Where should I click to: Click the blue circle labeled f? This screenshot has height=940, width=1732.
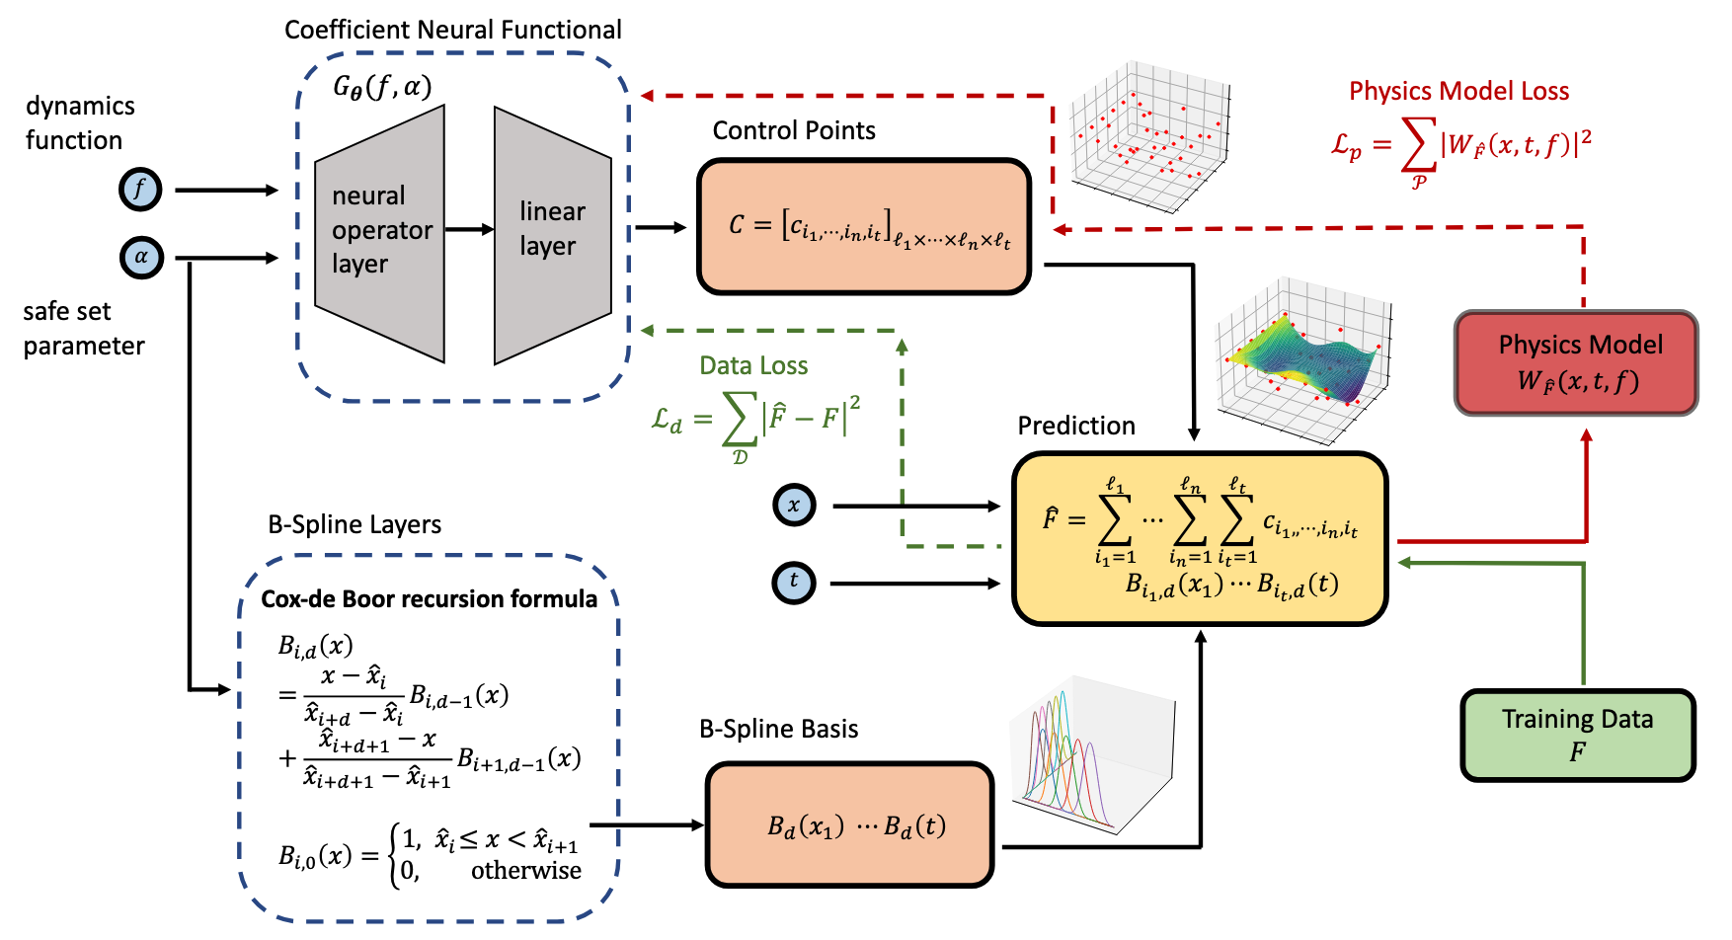[x=140, y=190]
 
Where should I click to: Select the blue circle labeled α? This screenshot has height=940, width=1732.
[x=141, y=258]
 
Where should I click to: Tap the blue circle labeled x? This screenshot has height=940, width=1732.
[x=794, y=506]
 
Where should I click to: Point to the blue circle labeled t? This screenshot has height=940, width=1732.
[x=794, y=582]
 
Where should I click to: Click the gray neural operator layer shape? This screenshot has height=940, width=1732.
[x=379, y=233]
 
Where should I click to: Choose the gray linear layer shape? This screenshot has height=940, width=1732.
[x=552, y=235]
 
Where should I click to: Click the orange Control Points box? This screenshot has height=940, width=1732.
[x=864, y=227]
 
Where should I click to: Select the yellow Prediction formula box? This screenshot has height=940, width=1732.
[x=1200, y=539]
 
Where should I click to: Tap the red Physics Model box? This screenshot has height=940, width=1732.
[x=1576, y=362]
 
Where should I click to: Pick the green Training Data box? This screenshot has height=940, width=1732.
[x=1577, y=736]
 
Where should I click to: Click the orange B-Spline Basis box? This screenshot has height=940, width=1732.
[x=849, y=824]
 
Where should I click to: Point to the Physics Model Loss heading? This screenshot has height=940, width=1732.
[x=1458, y=92]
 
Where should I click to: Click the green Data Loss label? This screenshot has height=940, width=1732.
[x=753, y=366]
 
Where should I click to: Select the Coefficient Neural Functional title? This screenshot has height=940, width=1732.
[x=453, y=30]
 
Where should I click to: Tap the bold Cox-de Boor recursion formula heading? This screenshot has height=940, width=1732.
[x=429, y=599]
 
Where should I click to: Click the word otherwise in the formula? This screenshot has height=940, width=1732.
[x=525, y=871]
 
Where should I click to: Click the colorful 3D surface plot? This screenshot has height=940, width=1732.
[x=1299, y=355]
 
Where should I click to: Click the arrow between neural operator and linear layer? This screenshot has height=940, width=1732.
[x=469, y=229]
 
